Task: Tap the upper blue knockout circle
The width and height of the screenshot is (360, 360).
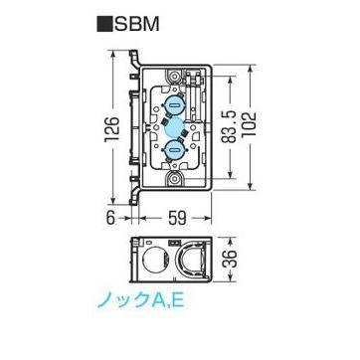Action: coord(175,106)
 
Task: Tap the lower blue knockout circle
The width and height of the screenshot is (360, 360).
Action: coord(175,149)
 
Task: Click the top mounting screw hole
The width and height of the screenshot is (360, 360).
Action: coord(175,76)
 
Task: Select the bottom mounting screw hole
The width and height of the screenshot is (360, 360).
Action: coord(175,179)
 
